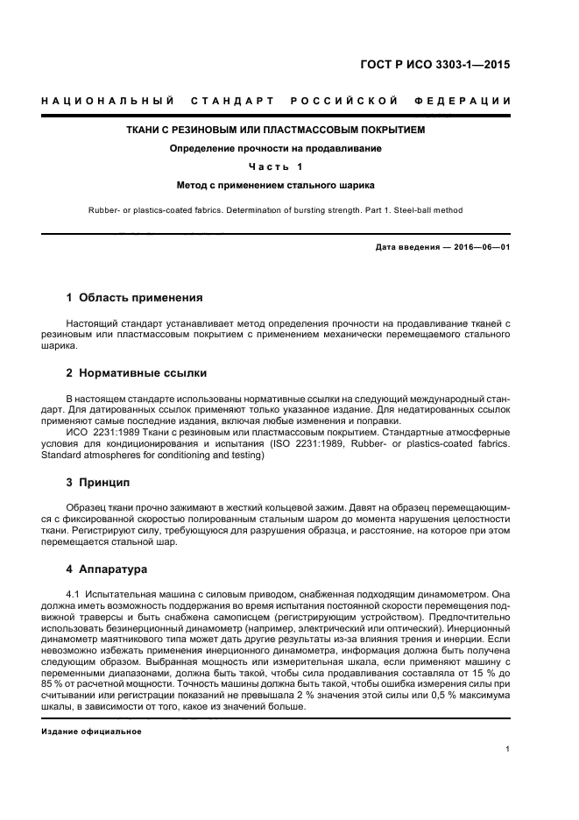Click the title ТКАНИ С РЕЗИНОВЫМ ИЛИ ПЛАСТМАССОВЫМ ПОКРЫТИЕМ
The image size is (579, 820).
275,131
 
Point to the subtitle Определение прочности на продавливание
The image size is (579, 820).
275,148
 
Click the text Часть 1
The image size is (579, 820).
275,166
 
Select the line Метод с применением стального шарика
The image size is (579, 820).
275,185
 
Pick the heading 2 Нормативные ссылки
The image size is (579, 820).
137,373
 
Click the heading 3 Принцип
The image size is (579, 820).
98,482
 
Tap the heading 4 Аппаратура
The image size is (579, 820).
107,569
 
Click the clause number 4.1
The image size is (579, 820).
74,594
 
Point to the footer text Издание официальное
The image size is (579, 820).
91,731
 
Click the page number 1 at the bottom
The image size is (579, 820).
508,749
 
